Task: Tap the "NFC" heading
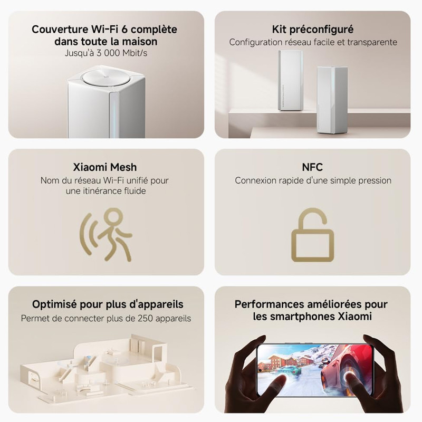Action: (313, 167)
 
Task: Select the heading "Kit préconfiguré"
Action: (313, 29)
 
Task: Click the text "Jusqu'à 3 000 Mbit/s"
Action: (104, 53)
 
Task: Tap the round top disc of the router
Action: (105, 79)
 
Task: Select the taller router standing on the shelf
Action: (291, 82)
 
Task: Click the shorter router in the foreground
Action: (331, 100)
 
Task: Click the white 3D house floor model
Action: (100, 364)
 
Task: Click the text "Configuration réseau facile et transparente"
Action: (313, 42)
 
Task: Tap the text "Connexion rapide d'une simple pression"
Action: (313, 180)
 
